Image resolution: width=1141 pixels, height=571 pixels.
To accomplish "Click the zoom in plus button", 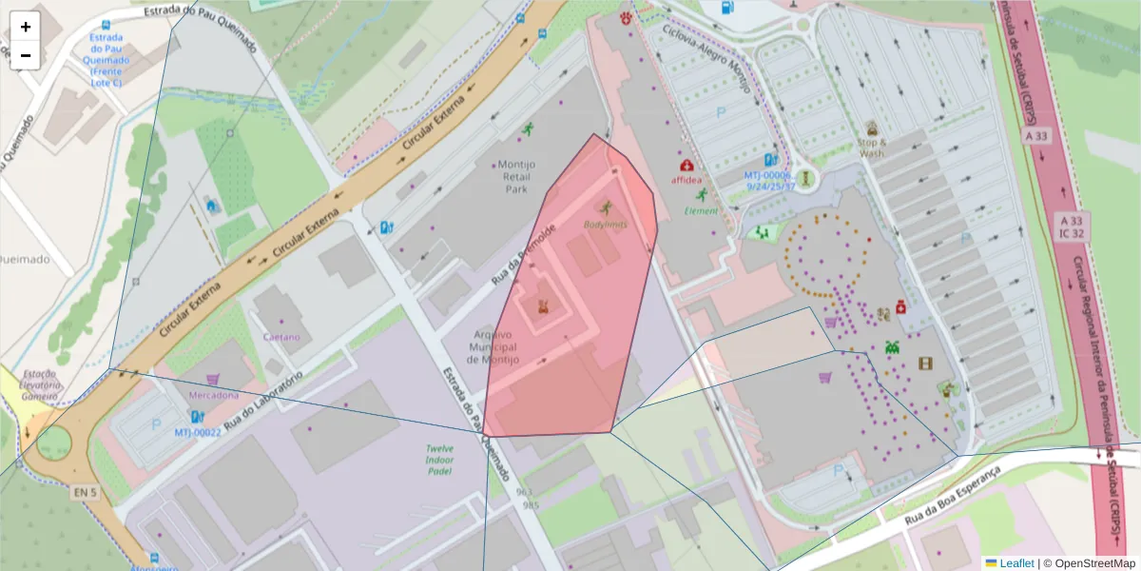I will (26, 27).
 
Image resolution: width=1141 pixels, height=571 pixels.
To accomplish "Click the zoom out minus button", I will (26, 55).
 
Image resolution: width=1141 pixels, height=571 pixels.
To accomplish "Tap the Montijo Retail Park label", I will (515, 176).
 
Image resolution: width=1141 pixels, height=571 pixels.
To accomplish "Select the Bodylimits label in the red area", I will (605, 224).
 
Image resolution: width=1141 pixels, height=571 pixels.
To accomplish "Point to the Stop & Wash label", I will (871, 148).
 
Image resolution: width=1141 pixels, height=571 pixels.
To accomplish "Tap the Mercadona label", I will (213, 394).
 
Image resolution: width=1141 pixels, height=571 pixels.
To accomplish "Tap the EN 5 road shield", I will (85, 492).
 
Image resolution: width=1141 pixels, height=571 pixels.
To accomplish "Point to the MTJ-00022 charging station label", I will (198, 432).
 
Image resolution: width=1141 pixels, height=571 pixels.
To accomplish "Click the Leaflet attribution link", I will (1016, 563).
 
